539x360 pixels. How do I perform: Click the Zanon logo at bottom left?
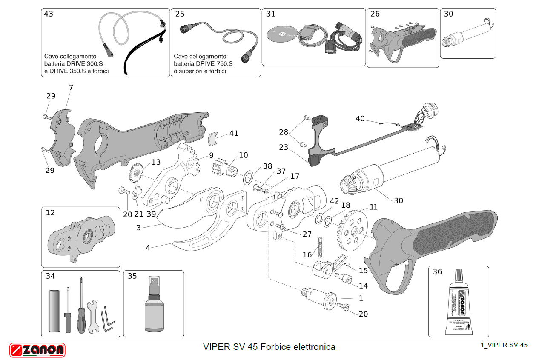pos(37,350)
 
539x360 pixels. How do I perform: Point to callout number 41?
pos(234,133)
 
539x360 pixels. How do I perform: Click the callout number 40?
pos(360,119)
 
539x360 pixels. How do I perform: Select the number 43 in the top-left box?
pos(49,14)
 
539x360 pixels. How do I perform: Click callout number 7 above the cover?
pos(71,88)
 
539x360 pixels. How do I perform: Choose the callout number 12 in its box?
pos(50,213)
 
